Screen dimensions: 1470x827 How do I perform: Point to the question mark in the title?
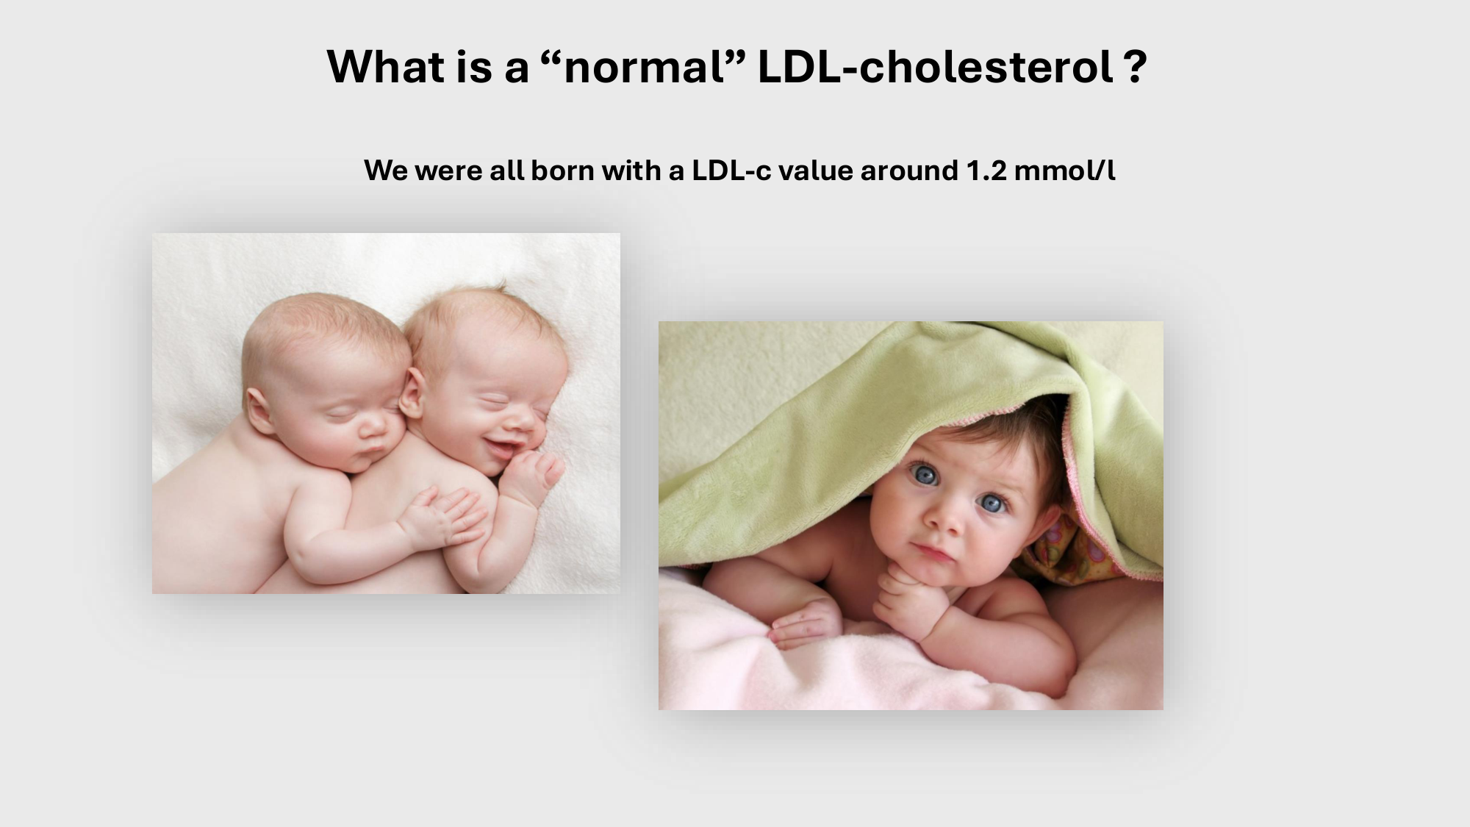(x=1135, y=67)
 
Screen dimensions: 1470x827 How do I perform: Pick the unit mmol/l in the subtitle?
(x=1064, y=171)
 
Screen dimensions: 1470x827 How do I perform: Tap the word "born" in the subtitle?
(x=562, y=171)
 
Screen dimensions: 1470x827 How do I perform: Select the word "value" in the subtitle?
(x=816, y=171)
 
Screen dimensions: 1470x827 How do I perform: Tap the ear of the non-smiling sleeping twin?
(x=259, y=409)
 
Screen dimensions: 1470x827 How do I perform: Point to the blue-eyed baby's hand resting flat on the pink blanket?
(x=806, y=623)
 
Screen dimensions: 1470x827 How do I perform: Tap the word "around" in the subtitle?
(x=910, y=171)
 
